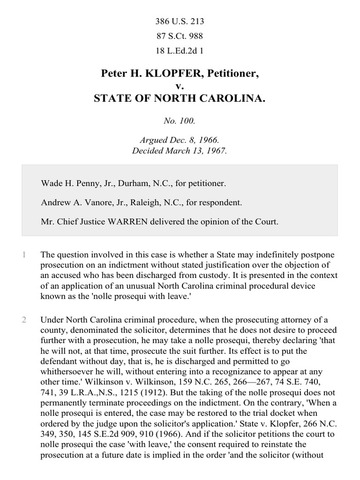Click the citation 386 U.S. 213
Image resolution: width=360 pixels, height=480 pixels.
(x=179, y=17)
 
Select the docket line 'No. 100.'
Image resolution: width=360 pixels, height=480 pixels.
(x=179, y=129)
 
